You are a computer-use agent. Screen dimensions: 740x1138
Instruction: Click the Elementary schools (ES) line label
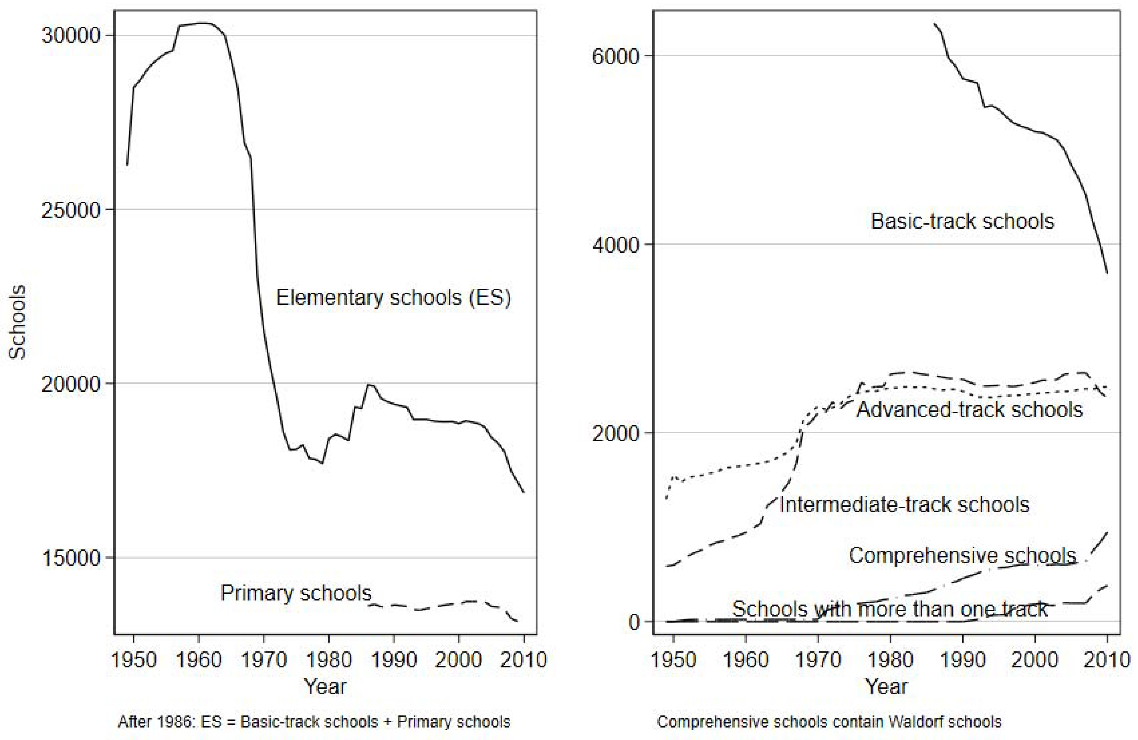point(393,297)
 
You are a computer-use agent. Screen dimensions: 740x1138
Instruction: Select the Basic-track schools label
point(962,221)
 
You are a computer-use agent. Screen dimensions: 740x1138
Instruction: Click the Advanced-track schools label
point(969,410)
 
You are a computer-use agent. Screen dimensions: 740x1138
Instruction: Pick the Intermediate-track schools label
point(904,505)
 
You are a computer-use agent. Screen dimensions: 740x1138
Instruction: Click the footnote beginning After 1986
point(314,721)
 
